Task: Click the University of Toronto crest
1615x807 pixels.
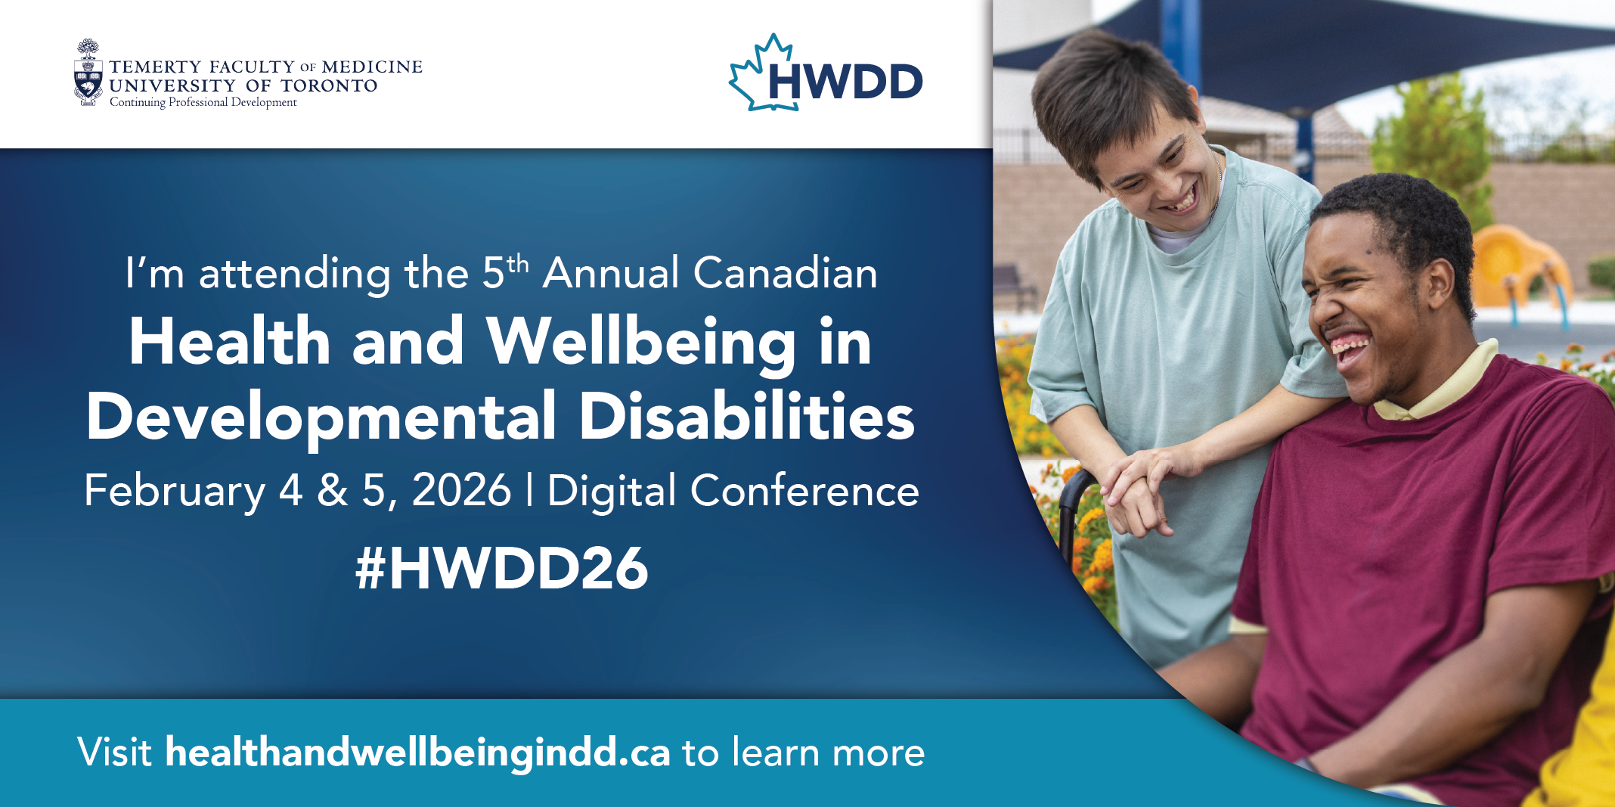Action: (x=88, y=73)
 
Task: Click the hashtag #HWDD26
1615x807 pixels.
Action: (x=502, y=568)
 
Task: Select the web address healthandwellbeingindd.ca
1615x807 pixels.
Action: (x=417, y=753)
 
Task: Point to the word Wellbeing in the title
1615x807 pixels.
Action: (x=641, y=343)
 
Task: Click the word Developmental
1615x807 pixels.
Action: (x=321, y=417)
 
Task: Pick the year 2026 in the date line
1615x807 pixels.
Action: (x=461, y=490)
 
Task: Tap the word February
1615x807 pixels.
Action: (x=175, y=492)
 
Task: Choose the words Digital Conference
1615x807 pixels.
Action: (x=733, y=492)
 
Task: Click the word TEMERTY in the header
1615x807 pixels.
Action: (x=155, y=67)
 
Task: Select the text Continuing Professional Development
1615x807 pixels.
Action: (x=203, y=102)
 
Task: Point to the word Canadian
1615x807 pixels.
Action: (x=786, y=273)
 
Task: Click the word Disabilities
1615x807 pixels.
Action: (x=747, y=417)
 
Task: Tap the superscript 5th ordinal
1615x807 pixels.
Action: (x=505, y=271)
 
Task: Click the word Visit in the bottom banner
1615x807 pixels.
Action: (x=115, y=753)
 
